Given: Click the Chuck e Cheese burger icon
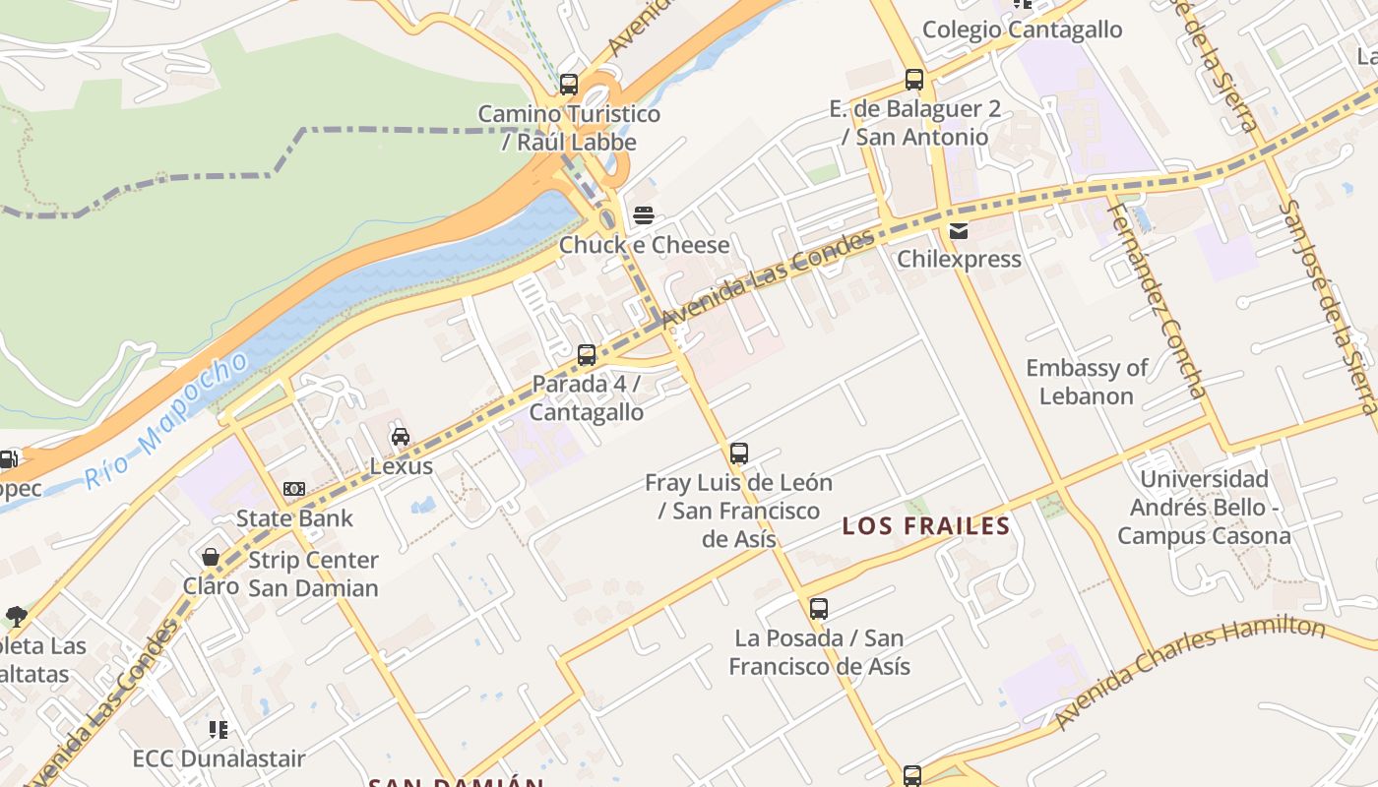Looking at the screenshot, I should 644,215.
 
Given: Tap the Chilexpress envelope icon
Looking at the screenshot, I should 958,231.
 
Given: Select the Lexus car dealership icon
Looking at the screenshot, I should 401,437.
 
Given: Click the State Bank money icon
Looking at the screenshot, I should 294,489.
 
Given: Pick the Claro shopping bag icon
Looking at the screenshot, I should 211,558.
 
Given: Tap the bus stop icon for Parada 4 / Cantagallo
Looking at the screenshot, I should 587,354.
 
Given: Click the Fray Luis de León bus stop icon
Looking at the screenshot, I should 739,454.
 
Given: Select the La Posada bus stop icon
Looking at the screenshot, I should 819,609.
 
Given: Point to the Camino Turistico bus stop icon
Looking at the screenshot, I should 569,85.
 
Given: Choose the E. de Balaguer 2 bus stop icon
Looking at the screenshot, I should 914,80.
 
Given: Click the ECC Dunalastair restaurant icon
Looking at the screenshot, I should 219,730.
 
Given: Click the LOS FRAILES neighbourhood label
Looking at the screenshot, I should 926,526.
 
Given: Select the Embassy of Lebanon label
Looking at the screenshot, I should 1087,382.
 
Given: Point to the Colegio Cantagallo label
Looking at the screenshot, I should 1022,30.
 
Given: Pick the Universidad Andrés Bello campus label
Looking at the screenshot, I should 1204,508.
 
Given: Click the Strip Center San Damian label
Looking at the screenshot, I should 313,574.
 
